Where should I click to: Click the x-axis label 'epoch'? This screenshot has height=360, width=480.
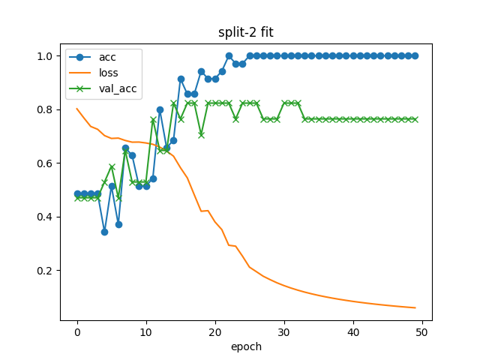pyautogui.click(x=246, y=346)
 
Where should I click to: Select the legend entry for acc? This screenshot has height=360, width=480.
pyautogui.click(x=108, y=56)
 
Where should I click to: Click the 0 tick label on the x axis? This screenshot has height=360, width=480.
pyautogui.click(x=77, y=332)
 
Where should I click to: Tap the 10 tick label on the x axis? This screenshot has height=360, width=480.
pyautogui.click(x=146, y=332)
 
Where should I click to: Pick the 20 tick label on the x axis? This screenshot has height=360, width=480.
pyautogui.click(x=215, y=332)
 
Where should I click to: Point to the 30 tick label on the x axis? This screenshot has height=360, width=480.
pyautogui.click(x=284, y=332)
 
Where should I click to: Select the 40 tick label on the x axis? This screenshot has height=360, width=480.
pyautogui.click(x=353, y=332)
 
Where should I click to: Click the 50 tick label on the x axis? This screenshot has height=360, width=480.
pyautogui.click(x=422, y=332)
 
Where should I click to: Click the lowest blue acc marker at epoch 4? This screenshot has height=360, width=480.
pyautogui.click(x=105, y=232)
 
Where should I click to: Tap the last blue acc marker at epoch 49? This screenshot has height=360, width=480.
pyautogui.click(x=415, y=56)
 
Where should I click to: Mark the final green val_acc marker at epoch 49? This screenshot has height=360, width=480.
pyautogui.click(x=415, y=119)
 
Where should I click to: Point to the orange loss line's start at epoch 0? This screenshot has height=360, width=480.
pyautogui.click(x=77, y=109)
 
